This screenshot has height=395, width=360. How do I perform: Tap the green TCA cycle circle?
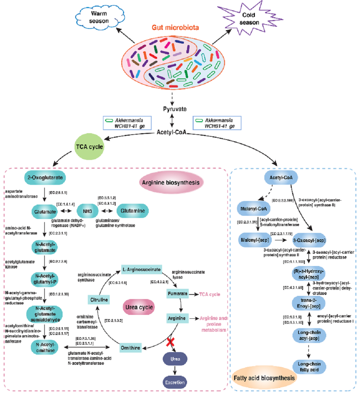click(x=89, y=147)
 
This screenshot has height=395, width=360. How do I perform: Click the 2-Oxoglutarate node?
click(x=45, y=178)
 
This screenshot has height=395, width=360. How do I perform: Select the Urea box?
click(x=175, y=360)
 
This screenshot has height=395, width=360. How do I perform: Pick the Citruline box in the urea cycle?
click(x=98, y=300)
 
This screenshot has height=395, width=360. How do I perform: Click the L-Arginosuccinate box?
click(x=141, y=270)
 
